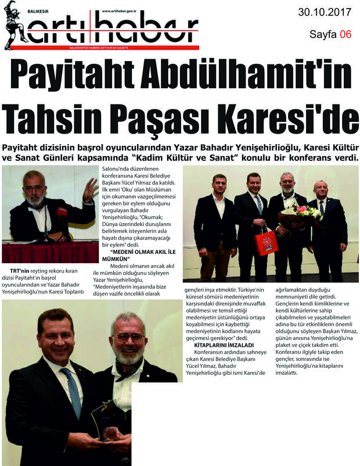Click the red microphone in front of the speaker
pos(62,213)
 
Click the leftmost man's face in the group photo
pos(218,185)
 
